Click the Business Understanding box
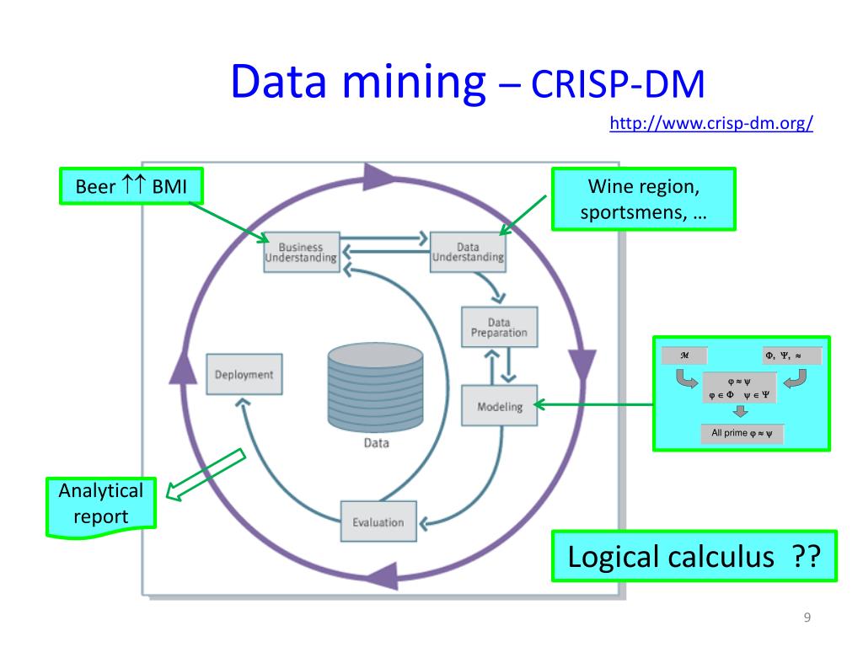point(302,252)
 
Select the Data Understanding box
point(468,252)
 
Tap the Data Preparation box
point(499,328)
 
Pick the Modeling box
point(499,405)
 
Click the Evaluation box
point(378,521)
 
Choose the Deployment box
point(244,374)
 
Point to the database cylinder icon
point(375,388)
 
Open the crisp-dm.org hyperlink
point(711,123)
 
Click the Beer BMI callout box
point(131,186)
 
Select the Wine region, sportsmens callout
point(644,199)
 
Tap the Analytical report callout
point(101,507)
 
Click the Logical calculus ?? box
point(694,556)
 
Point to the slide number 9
point(807,618)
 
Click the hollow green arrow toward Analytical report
point(205,475)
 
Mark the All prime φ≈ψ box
point(742,434)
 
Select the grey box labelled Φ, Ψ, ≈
point(791,356)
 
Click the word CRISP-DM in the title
point(618,84)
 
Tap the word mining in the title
point(414,83)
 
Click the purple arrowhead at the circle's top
point(378,177)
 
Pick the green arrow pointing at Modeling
point(593,405)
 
